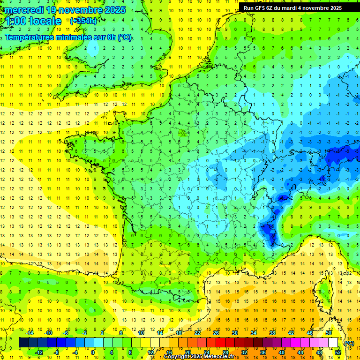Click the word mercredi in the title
tap(25, 10)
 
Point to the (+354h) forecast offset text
tap(83, 21)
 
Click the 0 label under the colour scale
tap(93, 352)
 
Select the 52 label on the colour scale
tap(338, 352)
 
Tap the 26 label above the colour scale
tap(216, 333)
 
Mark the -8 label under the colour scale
tap(56, 352)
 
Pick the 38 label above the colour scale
tap(272, 333)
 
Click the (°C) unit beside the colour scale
tap(349, 343)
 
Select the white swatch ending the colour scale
tap(333, 343)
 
